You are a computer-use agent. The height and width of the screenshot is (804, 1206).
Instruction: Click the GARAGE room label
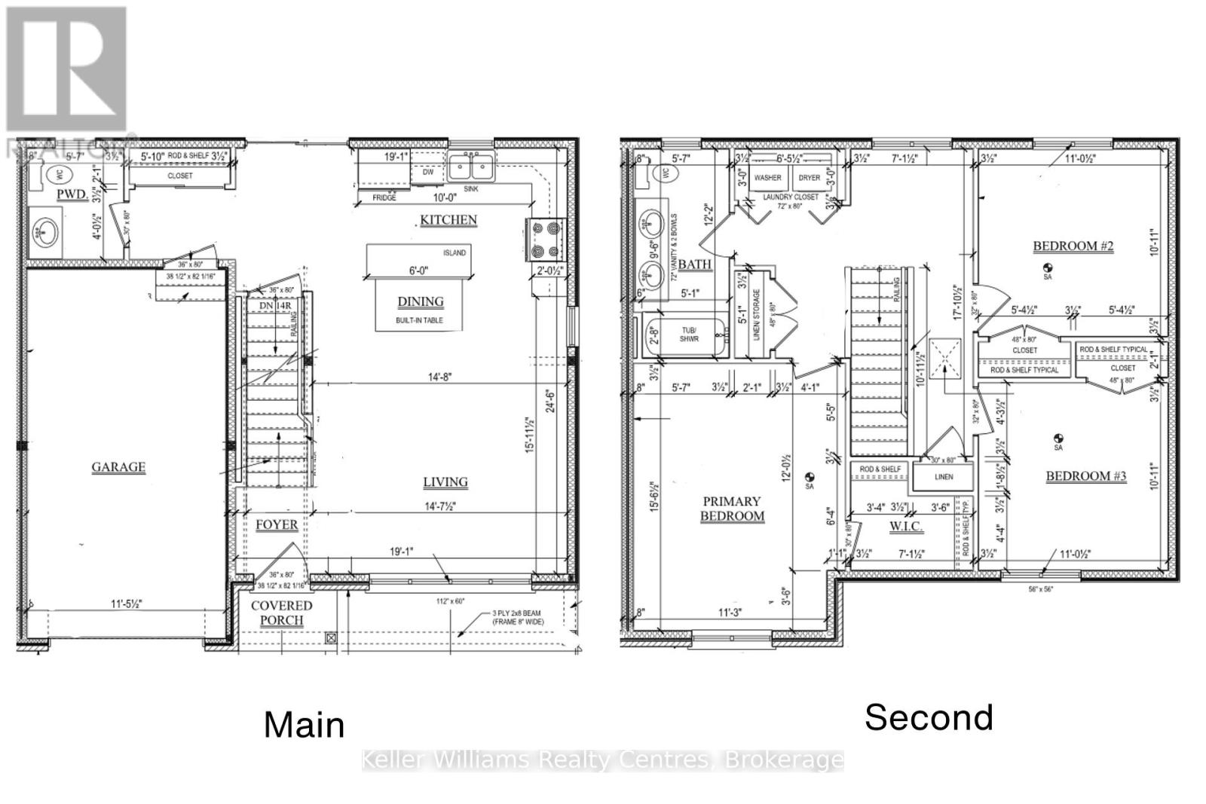[118, 467]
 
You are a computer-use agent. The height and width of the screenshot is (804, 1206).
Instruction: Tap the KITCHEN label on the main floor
[448, 220]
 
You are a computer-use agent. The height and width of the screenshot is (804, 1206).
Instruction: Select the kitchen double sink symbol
[470, 165]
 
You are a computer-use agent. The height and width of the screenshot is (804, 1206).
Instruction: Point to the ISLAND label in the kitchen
[454, 252]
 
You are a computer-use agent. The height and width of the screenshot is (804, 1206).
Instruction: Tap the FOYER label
[276, 524]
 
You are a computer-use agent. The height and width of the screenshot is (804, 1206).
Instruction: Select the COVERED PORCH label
[281, 613]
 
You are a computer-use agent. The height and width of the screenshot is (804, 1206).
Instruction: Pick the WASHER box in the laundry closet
[767, 178]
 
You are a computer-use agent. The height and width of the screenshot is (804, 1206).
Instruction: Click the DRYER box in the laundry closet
[809, 178]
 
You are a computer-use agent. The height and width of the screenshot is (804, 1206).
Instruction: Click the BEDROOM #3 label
[1085, 476]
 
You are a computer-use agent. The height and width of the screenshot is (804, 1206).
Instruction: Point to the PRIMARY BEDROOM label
[732, 509]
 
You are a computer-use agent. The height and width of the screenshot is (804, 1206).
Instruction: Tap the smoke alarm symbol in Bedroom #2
[1047, 267]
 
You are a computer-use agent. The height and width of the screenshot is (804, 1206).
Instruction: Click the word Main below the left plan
[305, 725]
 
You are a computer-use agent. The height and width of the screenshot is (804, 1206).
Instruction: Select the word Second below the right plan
[929, 717]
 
